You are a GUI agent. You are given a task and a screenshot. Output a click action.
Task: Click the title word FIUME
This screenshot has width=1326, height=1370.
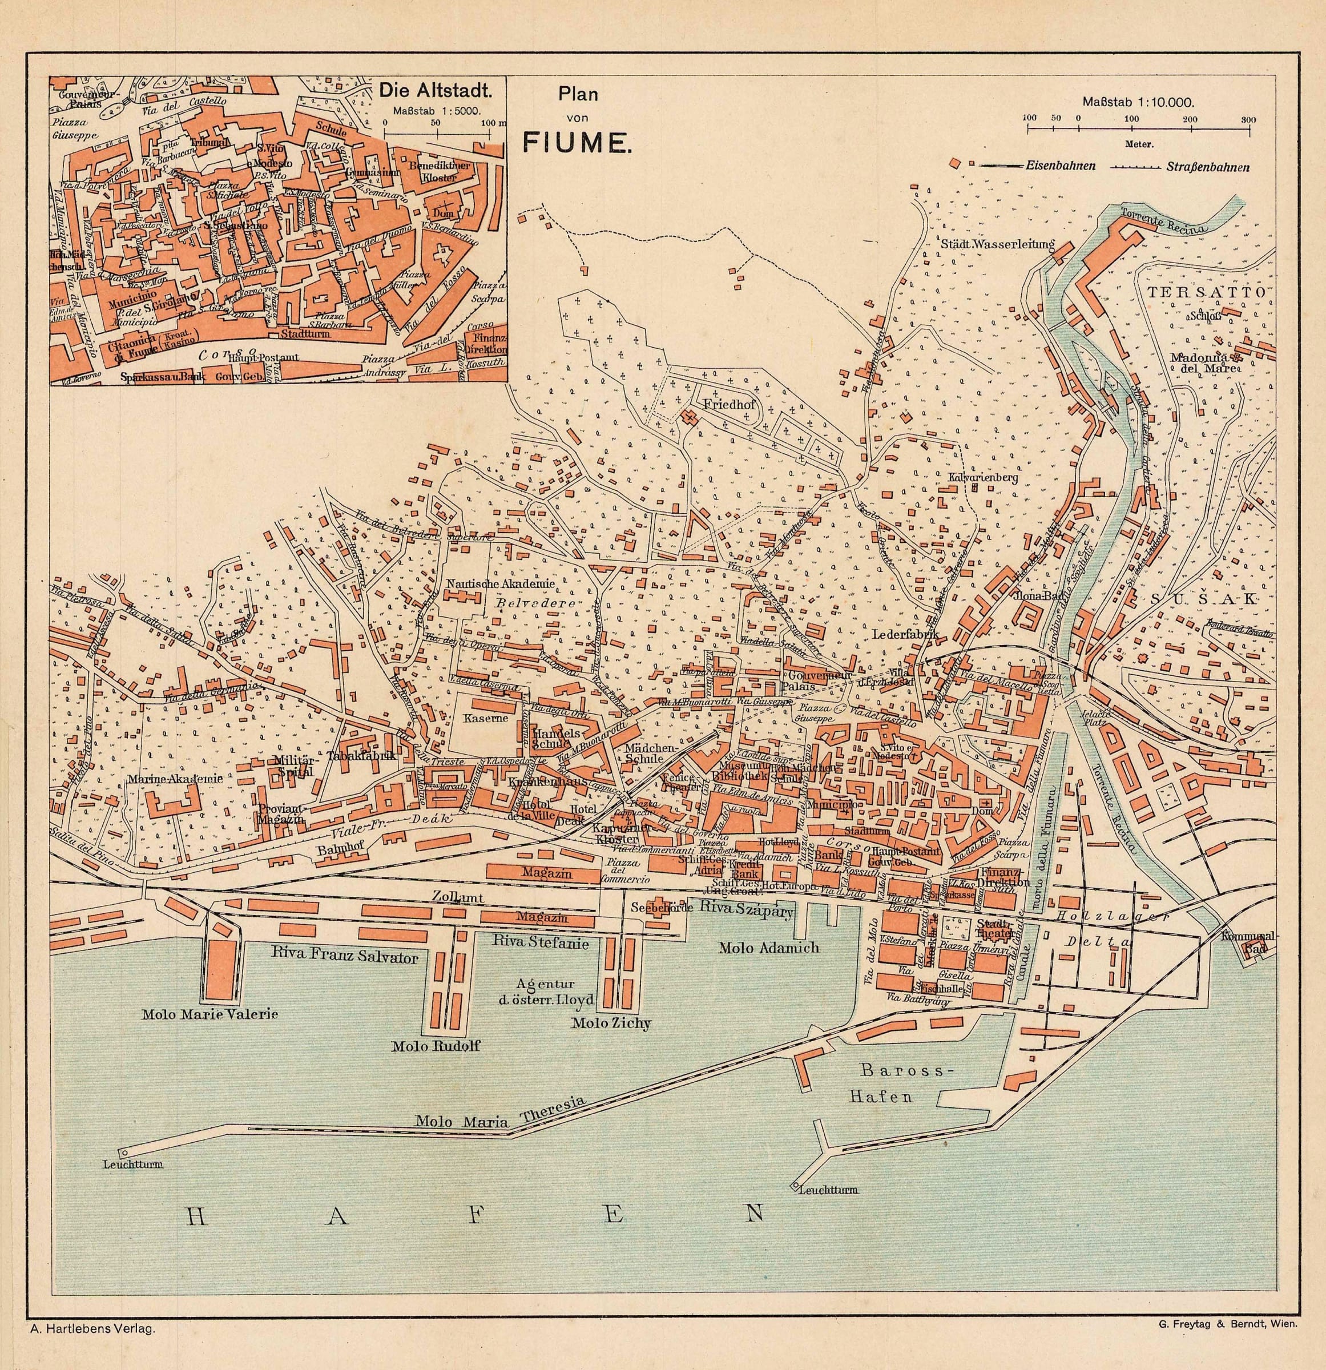click(577, 143)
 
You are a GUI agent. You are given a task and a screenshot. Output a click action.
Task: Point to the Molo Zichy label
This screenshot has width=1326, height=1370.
click(611, 1024)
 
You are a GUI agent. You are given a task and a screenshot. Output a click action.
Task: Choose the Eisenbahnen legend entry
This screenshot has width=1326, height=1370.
click(1061, 166)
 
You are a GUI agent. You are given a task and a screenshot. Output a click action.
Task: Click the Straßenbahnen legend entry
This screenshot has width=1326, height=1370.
click(1207, 168)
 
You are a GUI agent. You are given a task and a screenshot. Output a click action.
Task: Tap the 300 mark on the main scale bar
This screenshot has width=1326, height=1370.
click(1248, 119)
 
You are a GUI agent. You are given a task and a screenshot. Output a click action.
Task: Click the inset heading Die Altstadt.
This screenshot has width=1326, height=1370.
click(432, 90)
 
